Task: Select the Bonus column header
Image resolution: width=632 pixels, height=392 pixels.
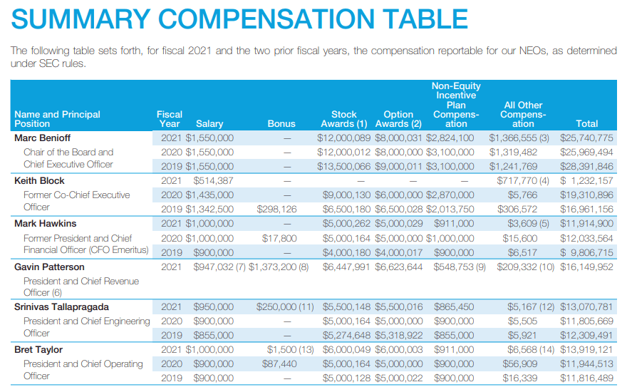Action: tap(281, 123)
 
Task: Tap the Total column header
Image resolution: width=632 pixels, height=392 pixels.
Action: tap(587, 123)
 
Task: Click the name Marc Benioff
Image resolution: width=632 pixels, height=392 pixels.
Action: tap(43, 138)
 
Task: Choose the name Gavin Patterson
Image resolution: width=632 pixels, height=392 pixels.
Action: tap(49, 267)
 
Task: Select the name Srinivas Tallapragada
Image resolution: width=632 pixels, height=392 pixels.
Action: tap(62, 306)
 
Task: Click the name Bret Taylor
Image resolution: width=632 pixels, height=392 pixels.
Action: tap(38, 349)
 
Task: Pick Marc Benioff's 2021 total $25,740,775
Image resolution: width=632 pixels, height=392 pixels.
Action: tap(586, 138)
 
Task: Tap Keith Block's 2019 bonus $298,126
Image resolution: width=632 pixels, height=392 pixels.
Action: tap(276, 209)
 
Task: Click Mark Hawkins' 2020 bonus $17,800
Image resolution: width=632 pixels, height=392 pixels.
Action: tap(279, 238)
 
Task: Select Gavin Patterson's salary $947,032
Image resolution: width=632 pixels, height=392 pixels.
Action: tap(213, 267)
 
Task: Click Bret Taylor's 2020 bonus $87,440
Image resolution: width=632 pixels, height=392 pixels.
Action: tap(279, 363)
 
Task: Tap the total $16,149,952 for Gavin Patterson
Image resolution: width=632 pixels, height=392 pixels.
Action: tap(586, 267)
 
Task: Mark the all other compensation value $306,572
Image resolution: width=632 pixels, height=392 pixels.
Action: tap(517, 209)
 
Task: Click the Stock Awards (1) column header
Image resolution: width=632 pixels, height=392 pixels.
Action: tap(344, 118)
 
